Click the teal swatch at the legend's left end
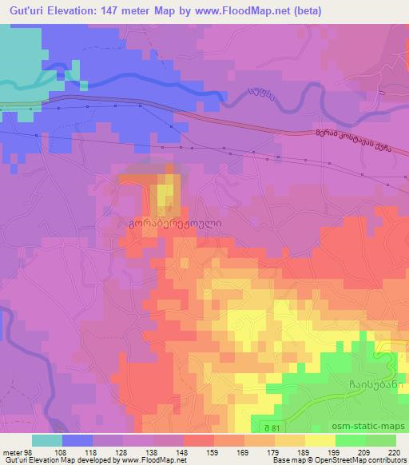[x=47, y=440]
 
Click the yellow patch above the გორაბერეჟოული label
[x=164, y=195]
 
